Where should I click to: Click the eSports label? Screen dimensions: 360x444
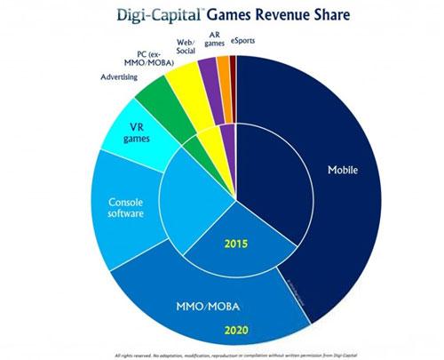coord(246,41)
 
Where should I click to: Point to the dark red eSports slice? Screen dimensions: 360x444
coord(233,64)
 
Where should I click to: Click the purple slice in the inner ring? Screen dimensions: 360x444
coord(226,139)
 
